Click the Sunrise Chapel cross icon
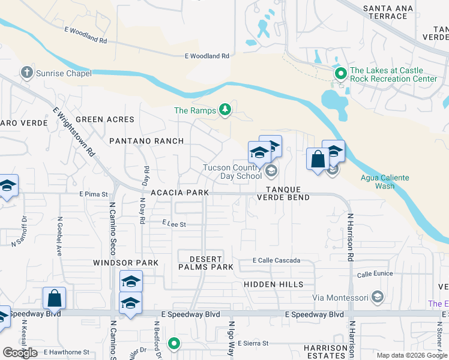point(26,73)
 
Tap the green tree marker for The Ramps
point(225,109)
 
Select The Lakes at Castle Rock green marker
point(340,74)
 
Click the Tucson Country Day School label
point(233,172)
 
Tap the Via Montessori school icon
point(377,297)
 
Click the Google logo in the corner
point(20,352)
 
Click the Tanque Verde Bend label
point(283,193)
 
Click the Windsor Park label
point(125,263)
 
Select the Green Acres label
point(105,119)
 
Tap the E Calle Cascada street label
point(276,260)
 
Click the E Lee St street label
point(174,224)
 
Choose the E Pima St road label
point(93,194)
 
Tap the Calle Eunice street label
point(374,274)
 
